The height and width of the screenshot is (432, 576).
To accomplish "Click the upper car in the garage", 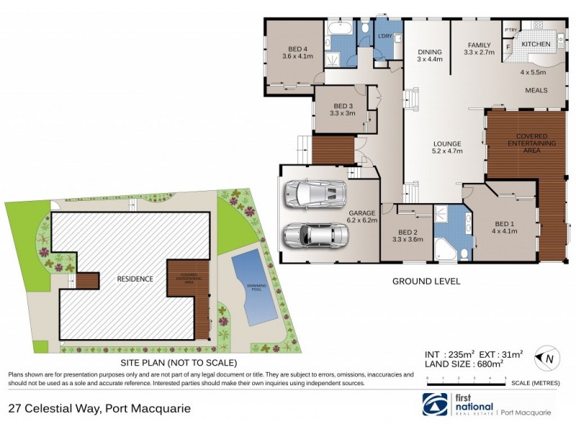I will pos(313,193).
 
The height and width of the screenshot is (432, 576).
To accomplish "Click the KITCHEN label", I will pos(536,45).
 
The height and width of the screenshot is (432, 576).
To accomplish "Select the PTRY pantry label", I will pos(510,30).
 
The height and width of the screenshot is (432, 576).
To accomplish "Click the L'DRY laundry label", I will pos(384,35).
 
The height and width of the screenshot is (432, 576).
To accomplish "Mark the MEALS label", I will pos(536,91).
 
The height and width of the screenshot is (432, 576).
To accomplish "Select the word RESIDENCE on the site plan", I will pos(135,278).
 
